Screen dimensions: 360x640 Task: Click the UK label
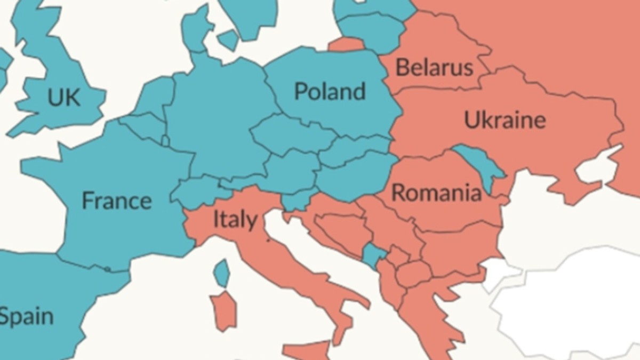tap(63, 98)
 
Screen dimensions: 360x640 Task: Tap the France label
tap(116, 201)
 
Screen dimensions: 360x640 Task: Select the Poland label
tap(330, 91)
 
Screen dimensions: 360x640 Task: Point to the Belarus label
tap(434, 67)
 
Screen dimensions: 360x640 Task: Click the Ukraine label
tap(505, 119)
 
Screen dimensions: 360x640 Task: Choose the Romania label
tap(436, 192)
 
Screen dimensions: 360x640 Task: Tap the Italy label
tap(235, 219)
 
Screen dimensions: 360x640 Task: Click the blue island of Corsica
tap(221, 273)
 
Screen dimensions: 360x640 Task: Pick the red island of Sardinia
tap(224, 310)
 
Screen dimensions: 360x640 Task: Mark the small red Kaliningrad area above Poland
tap(346, 44)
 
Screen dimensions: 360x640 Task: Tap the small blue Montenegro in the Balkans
tap(372, 255)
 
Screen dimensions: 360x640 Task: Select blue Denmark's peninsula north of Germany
tap(196, 29)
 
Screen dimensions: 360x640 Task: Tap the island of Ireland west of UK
tap(3, 64)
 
